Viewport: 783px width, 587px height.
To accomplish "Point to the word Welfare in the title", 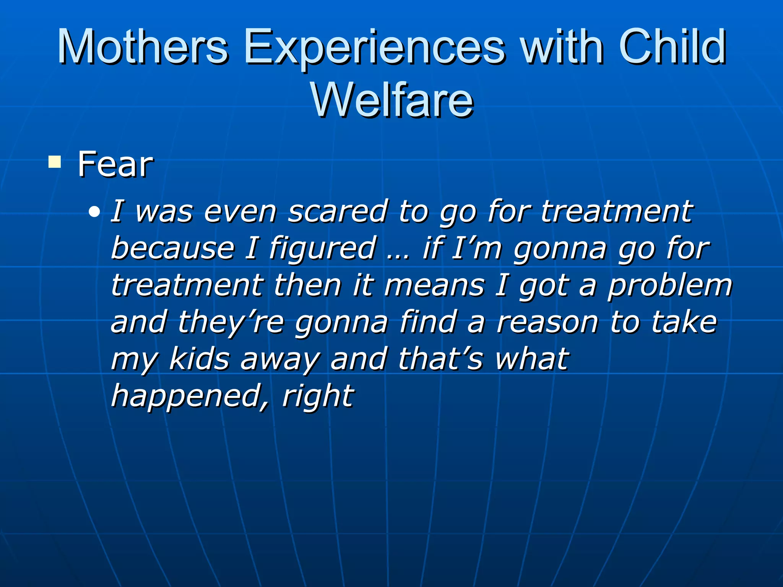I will (392, 100).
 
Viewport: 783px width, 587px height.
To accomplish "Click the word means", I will (434, 286).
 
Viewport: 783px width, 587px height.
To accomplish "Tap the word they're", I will (231, 323).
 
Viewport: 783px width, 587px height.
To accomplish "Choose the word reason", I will (547, 323).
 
